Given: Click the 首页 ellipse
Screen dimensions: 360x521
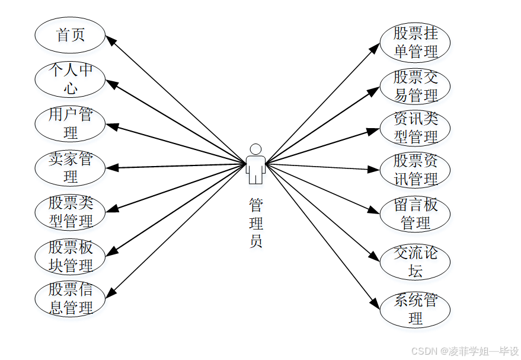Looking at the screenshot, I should pyautogui.click(x=71, y=35).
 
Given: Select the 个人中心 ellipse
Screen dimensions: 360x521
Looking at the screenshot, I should pyautogui.click(x=71, y=79).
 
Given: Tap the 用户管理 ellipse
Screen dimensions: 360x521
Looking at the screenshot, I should pyautogui.click(x=71, y=123).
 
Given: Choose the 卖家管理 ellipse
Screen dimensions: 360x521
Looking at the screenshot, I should pyautogui.click(x=71, y=168).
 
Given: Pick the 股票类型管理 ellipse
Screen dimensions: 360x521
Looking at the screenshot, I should pyautogui.click(x=71, y=212).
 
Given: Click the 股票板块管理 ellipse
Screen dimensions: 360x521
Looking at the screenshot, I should pyautogui.click(x=71, y=256).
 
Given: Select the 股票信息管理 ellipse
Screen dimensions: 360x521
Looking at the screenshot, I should pyautogui.click(x=71, y=300).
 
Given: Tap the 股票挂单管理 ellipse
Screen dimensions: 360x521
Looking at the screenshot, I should pyautogui.click(x=415, y=43).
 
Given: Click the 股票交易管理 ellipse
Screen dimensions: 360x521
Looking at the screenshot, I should pyautogui.click(x=415, y=86).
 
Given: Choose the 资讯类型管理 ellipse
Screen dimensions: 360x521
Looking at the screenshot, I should pyautogui.click(x=415, y=128).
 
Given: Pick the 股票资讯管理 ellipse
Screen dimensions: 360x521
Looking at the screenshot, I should pyautogui.click(x=415, y=170).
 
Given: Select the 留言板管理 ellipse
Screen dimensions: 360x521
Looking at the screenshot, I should pyautogui.click(x=415, y=214).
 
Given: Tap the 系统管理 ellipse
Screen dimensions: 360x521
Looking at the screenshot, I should pyautogui.click(x=415, y=309).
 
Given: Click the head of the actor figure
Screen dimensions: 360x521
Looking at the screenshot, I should pyautogui.click(x=255, y=149).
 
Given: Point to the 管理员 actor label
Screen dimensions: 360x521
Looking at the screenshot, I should pyautogui.click(x=255, y=223).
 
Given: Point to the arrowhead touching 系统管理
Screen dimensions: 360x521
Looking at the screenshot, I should pyautogui.click(x=375, y=304).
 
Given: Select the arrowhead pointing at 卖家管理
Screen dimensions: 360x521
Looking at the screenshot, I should pyautogui.click(x=111, y=168).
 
